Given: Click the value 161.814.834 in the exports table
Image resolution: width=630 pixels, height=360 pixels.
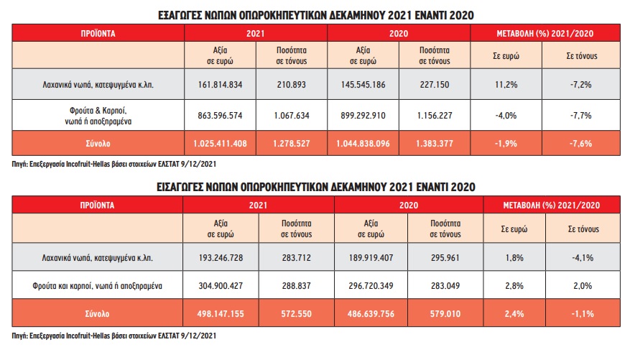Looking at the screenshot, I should [220, 84].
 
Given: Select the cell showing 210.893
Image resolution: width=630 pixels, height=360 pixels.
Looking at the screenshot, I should [291, 84].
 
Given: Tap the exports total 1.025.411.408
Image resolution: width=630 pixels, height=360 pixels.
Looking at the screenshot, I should [220, 144].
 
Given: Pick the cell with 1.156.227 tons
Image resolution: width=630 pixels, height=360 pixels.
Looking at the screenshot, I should [434, 114].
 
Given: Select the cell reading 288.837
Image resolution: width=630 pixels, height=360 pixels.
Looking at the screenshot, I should [297, 286].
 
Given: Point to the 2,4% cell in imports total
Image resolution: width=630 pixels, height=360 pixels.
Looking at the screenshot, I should [516, 315].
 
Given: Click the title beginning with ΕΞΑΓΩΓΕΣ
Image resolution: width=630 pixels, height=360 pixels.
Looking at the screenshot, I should [315, 14].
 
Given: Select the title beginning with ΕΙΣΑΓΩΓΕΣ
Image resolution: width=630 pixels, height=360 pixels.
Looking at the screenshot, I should [315, 187].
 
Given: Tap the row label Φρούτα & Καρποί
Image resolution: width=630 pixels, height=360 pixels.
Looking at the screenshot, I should [98, 114].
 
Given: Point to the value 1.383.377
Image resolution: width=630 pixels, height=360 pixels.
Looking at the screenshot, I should [434, 144].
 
